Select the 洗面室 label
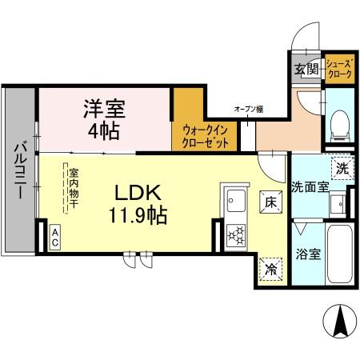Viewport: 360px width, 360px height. [309, 187]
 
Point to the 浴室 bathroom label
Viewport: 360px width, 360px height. [309, 254]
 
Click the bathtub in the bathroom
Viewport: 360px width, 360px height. [341, 255]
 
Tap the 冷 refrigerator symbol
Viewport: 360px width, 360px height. [271, 270]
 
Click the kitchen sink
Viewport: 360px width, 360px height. [235, 198]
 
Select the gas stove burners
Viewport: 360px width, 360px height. [237, 234]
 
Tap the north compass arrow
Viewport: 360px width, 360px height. [340, 322]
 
